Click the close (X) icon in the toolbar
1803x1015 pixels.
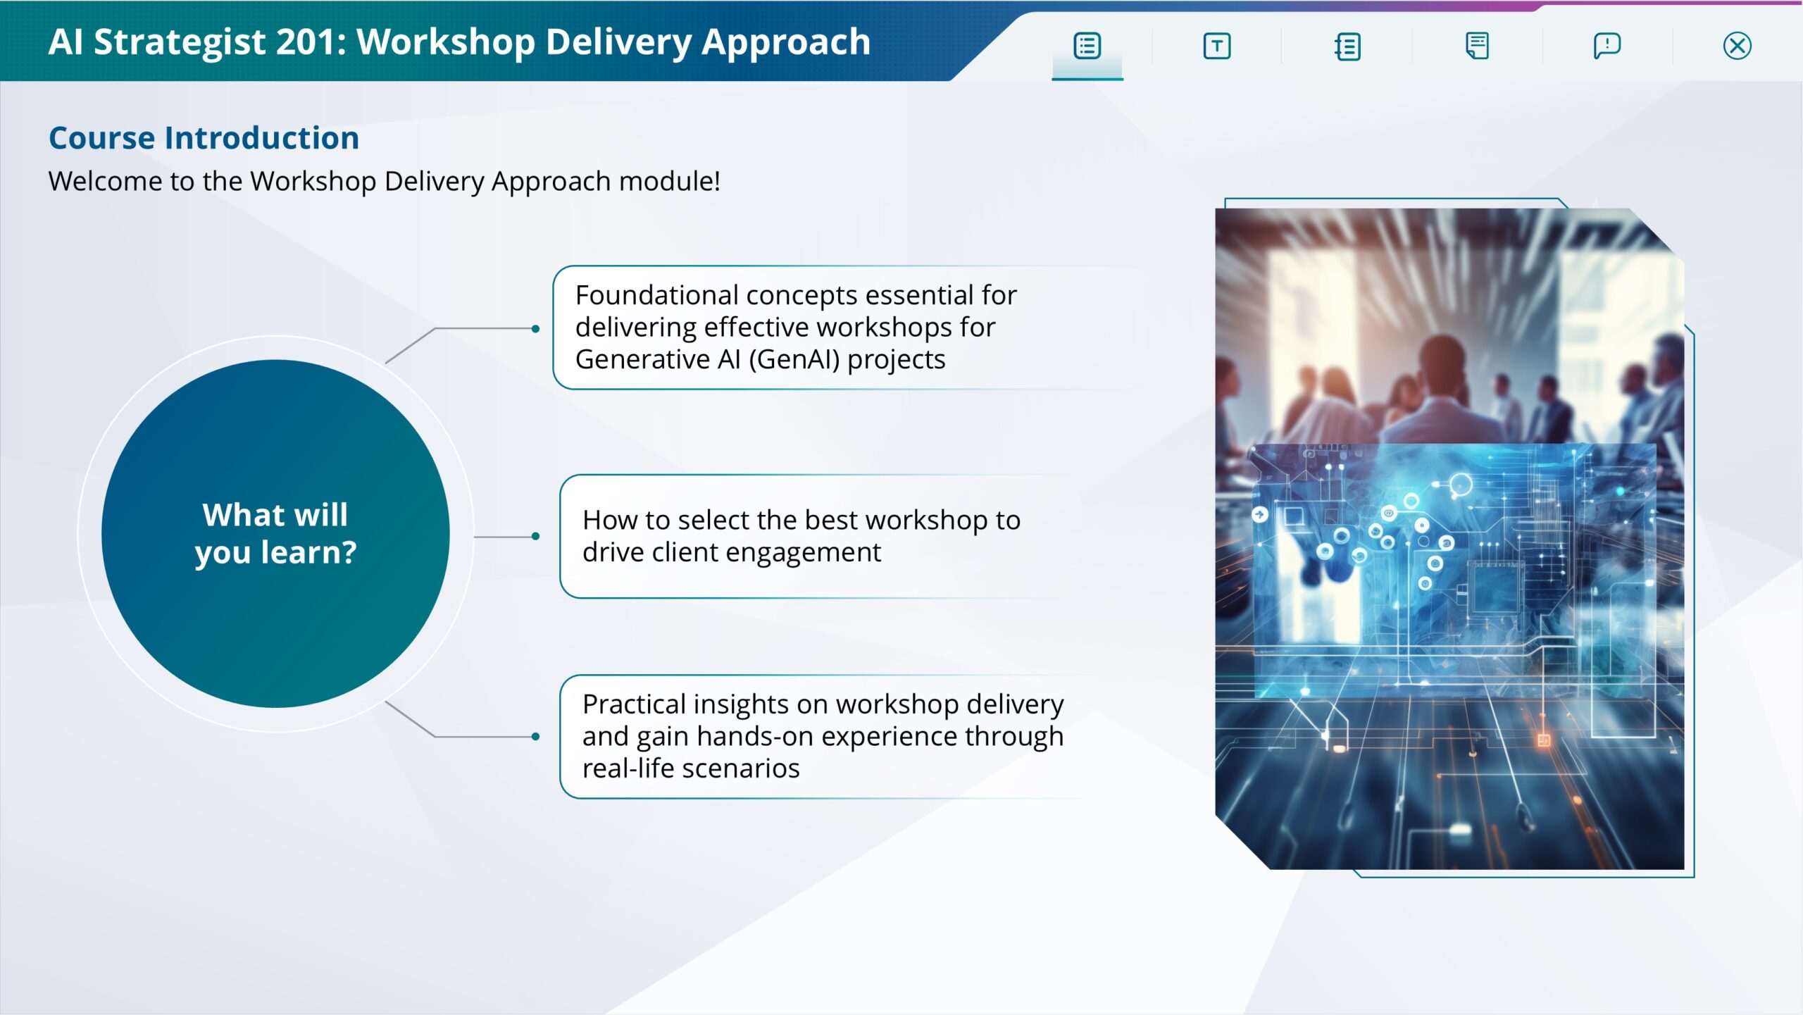click(1737, 46)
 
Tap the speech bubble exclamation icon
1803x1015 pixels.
click(1607, 46)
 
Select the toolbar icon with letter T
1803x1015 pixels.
click(1216, 46)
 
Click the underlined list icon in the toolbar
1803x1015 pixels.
click(1087, 46)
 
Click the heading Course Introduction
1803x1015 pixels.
click(204, 137)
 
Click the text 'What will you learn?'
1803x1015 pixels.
click(275, 533)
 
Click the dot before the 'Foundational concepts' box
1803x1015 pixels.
click(536, 329)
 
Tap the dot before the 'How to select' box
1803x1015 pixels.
click(536, 537)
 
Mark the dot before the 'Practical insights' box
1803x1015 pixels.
click(536, 737)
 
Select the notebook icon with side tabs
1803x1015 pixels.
click(1347, 46)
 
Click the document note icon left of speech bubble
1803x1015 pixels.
click(1476, 46)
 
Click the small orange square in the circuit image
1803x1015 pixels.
click(1543, 740)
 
